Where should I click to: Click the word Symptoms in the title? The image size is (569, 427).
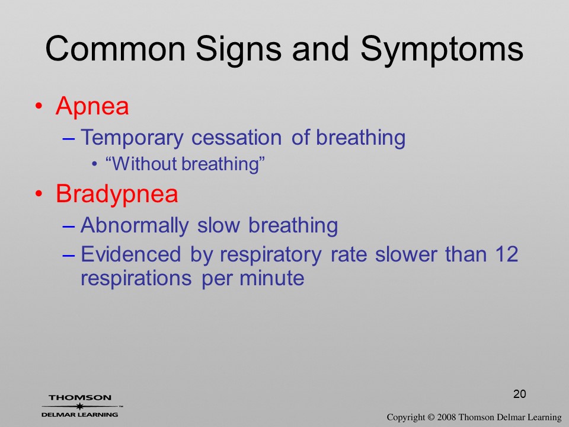click(442, 49)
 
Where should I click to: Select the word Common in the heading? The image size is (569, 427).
click(116, 49)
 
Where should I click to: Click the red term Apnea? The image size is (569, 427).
click(92, 106)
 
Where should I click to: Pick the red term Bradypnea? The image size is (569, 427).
click(117, 194)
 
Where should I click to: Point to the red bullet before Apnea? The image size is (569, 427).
click(39, 106)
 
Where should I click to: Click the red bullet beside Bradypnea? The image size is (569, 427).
click(39, 194)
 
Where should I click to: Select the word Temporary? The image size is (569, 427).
click(132, 138)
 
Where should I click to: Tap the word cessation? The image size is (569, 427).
click(236, 138)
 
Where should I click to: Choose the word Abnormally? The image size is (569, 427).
click(135, 226)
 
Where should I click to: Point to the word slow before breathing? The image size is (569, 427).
click(219, 225)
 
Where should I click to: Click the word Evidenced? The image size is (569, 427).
click(130, 254)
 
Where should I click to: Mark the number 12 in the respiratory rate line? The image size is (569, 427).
click(506, 254)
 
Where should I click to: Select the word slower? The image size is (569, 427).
click(406, 254)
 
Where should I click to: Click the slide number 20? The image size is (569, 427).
click(520, 394)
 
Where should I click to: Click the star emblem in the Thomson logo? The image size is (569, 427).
click(80, 406)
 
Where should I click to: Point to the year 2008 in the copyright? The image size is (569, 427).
click(446, 417)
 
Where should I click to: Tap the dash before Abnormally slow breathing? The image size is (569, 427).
click(69, 227)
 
